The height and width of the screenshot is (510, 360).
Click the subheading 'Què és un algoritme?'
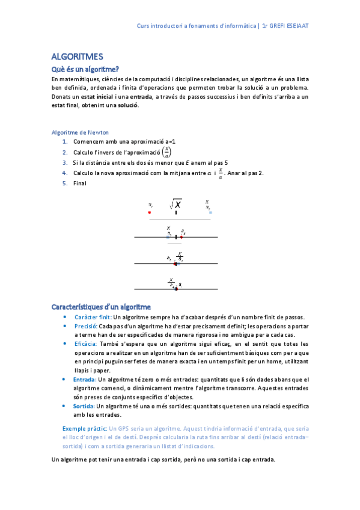coord(85,69)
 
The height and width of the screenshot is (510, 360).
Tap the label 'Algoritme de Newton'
coord(80,132)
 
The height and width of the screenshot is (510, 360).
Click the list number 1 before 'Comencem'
coord(65,141)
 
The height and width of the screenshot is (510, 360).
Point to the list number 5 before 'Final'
coord(65,183)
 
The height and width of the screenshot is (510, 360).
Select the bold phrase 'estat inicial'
coord(96,96)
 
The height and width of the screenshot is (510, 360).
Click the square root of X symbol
coord(175,204)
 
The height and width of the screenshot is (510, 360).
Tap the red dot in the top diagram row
coord(150,212)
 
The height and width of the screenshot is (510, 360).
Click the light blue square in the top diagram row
coord(210,212)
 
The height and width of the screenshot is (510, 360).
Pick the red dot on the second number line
coord(182,237)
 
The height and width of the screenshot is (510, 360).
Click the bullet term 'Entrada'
coord(84,379)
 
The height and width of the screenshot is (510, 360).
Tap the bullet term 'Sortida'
coord(84,406)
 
